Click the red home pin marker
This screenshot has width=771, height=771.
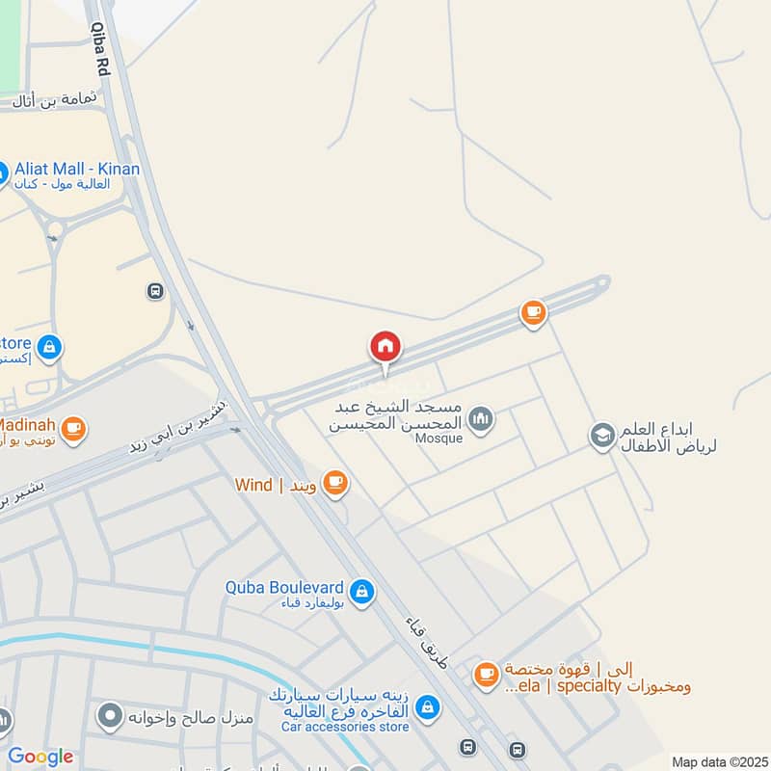click(385, 347)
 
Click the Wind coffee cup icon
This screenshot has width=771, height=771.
click(334, 483)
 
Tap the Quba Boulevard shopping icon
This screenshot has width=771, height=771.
click(361, 590)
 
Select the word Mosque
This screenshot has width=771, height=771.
click(440, 439)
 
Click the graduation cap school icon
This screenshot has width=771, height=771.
click(602, 436)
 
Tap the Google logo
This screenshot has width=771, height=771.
click(40, 757)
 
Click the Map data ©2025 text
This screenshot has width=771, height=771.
click(718, 761)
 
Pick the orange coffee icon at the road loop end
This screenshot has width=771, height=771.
click(532, 312)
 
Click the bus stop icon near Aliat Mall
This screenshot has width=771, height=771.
click(154, 291)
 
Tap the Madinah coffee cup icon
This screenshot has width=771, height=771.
click(73, 427)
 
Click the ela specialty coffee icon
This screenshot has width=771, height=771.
click(486, 674)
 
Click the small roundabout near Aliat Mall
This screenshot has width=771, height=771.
click(54, 229)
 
